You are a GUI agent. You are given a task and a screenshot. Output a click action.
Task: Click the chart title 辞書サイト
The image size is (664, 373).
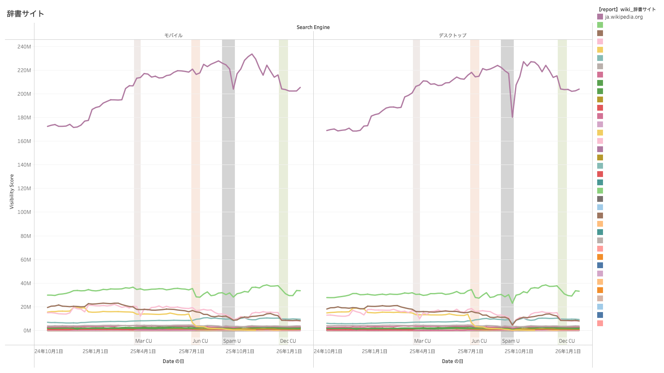[x=25, y=14]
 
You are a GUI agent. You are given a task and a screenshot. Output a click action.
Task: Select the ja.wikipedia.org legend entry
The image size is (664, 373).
[x=623, y=17]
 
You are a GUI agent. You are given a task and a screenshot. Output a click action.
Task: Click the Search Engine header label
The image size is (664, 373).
[x=313, y=27]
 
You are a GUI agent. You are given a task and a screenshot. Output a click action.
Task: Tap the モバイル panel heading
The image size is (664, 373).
[x=173, y=36]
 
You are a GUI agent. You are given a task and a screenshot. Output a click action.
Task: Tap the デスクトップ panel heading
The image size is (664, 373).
[x=452, y=36]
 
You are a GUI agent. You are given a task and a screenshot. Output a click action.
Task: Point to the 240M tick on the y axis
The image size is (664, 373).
[x=24, y=47]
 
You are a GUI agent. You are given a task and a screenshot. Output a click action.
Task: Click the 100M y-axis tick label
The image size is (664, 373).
[x=24, y=212]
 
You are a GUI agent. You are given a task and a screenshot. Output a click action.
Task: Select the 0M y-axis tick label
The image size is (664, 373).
[x=27, y=331]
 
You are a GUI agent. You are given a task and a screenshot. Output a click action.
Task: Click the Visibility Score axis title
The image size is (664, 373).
[x=12, y=191]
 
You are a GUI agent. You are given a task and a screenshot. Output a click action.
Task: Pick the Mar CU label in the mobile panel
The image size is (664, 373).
[x=144, y=341]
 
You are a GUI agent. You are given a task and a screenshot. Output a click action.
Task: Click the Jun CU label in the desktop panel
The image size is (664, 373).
[x=479, y=341]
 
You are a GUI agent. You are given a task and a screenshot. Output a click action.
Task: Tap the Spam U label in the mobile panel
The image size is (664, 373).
[x=232, y=341]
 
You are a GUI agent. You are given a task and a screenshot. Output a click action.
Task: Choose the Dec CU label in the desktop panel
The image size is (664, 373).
[x=567, y=341]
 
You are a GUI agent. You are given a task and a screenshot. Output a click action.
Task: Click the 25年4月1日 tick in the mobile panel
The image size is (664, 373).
[x=143, y=351]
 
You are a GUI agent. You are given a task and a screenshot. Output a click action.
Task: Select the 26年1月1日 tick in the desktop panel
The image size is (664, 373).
[x=568, y=351]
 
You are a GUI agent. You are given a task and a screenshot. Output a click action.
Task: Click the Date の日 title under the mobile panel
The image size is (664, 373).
[x=173, y=361]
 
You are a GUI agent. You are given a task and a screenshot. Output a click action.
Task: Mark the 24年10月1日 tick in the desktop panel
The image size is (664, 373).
[x=328, y=351]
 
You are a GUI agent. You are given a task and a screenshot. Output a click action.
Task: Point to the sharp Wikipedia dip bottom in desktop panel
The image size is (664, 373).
[x=513, y=117]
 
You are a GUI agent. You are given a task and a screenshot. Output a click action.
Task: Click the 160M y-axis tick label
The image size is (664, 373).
[x=24, y=141]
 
